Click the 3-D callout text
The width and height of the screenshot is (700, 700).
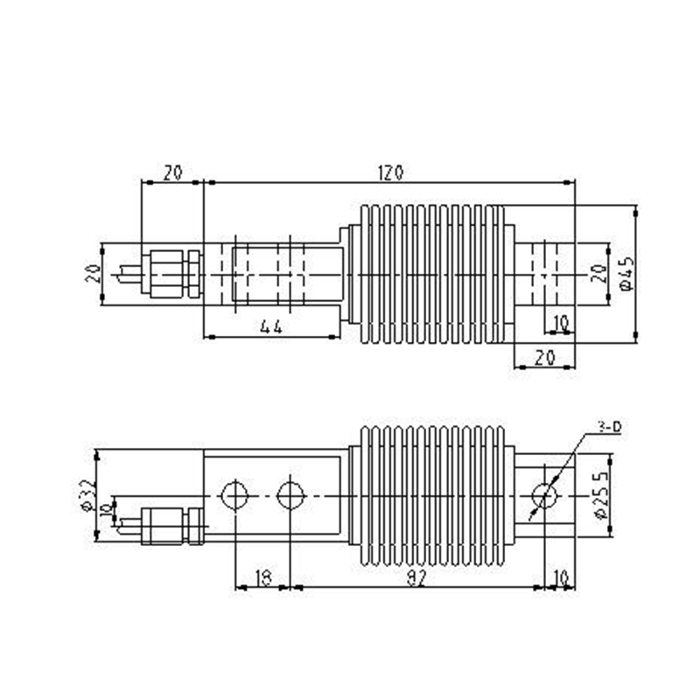(609, 426)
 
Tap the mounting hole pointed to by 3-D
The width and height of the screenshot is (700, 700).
(545, 496)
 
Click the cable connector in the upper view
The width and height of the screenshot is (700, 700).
(171, 274)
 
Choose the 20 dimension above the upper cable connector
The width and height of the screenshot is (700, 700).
(171, 172)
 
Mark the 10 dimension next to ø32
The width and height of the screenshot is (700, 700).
(107, 509)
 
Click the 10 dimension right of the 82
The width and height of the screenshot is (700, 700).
(559, 577)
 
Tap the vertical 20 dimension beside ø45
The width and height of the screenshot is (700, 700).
(598, 274)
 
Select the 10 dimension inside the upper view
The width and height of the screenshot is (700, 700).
(560, 324)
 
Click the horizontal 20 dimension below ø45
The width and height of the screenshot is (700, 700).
(543, 357)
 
